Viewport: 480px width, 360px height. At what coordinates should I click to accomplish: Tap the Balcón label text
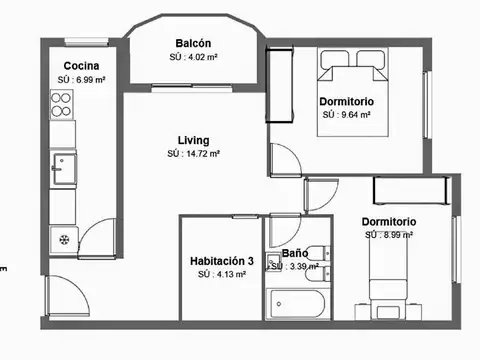click(x=192, y=43)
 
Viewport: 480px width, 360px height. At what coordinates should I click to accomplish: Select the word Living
click(x=193, y=140)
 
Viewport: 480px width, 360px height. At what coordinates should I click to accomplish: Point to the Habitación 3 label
click(x=221, y=261)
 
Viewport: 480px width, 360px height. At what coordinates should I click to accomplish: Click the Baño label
click(x=294, y=254)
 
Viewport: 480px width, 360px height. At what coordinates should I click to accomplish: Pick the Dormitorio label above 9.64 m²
click(x=346, y=102)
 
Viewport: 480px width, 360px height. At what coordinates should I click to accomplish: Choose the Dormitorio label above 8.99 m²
click(x=389, y=221)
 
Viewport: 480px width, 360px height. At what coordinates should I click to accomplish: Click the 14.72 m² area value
click(x=194, y=154)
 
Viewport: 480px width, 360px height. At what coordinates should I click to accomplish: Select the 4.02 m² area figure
click(x=192, y=57)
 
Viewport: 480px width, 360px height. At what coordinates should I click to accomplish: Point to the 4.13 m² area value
click(x=221, y=274)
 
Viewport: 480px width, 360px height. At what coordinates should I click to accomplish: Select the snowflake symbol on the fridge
click(x=63, y=240)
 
